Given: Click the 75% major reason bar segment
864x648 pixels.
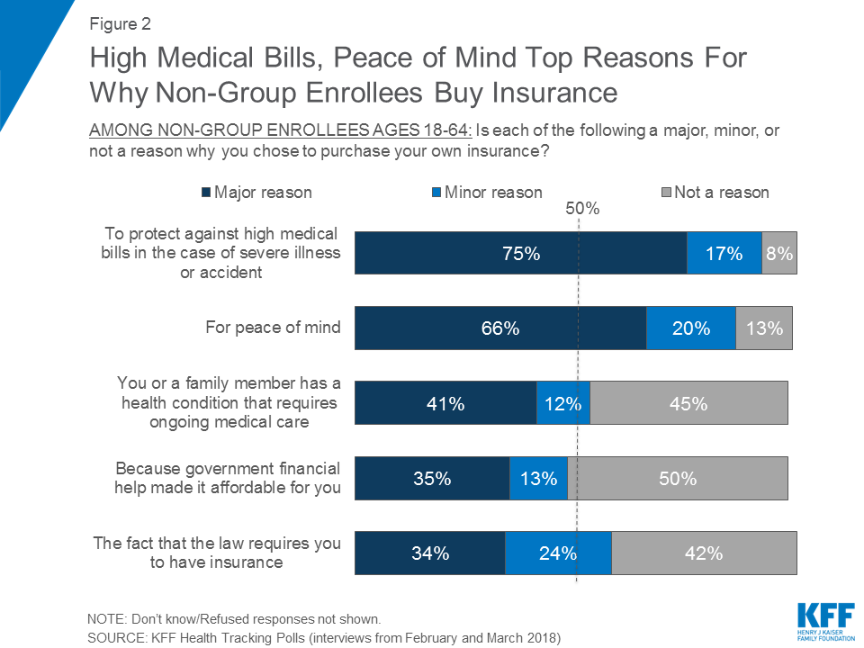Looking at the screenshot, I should (x=520, y=253).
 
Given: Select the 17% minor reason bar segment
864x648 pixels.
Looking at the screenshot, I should (x=724, y=253).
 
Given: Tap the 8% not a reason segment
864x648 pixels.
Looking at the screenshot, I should (x=779, y=253).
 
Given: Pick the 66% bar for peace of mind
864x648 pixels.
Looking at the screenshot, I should (x=500, y=328).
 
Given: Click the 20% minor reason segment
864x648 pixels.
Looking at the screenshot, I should (x=691, y=328).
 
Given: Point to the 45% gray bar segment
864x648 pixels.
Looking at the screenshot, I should (x=688, y=403).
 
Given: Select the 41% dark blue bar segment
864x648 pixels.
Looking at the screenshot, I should (x=445, y=403).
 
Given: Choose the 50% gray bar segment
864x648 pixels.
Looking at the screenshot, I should (x=678, y=479).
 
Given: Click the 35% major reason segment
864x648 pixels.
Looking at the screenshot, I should (x=432, y=479).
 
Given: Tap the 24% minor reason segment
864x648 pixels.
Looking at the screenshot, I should (x=558, y=553).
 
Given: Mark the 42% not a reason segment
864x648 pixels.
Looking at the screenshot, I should (x=704, y=553).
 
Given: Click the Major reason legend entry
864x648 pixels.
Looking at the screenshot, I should (x=256, y=192).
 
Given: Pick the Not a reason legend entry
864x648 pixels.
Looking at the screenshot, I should (x=715, y=192).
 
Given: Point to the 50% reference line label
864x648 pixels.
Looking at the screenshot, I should (x=582, y=209).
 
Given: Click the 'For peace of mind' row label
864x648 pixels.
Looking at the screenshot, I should (x=273, y=327).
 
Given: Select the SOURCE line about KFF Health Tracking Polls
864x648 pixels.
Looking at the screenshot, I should (x=324, y=638).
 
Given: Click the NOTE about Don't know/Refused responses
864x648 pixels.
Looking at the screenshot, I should (x=234, y=619).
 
